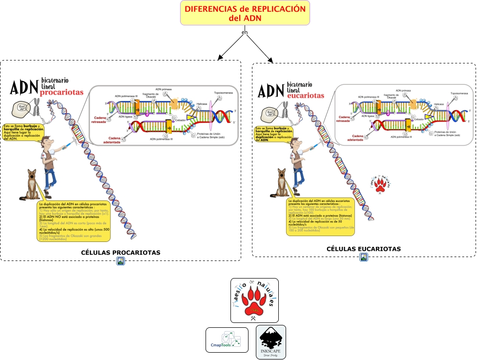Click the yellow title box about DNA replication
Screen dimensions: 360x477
click(x=245, y=13)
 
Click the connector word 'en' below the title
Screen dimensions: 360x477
click(x=245, y=33)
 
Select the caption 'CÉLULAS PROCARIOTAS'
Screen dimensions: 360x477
click(x=121, y=252)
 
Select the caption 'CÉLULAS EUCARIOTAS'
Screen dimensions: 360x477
click(x=364, y=249)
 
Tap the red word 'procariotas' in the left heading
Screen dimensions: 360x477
click(x=62, y=92)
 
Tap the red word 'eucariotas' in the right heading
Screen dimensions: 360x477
click(x=306, y=96)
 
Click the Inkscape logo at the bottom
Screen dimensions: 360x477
click(x=271, y=342)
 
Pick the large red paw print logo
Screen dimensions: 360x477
click(x=254, y=300)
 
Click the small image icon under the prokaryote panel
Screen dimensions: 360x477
click(x=121, y=261)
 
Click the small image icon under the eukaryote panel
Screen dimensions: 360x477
click(x=364, y=257)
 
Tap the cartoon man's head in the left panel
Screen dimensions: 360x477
click(x=46, y=142)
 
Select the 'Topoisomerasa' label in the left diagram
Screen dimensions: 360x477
click(x=223, y=93)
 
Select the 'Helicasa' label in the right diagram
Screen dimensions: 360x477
click(x=439, y=104)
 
